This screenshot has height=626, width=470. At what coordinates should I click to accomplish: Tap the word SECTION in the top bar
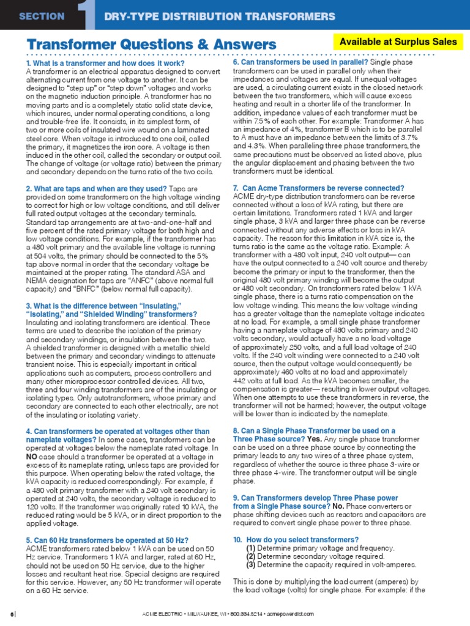click(x=42, y=17)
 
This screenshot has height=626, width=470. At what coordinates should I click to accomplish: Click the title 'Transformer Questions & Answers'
click(x=151, y=45)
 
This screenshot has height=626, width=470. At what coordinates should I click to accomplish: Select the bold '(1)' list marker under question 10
click(x=251, y=548)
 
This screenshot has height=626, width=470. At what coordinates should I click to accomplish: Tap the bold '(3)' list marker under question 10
click(x=251, y=565)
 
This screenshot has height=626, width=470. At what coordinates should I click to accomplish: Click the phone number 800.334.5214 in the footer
click(x=261, y=613)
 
